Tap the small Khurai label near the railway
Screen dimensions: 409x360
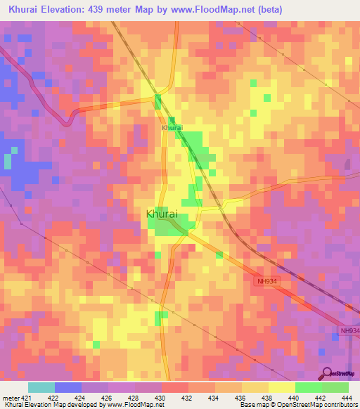172,128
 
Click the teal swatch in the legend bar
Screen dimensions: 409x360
41,387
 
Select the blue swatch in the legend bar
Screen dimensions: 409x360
68,387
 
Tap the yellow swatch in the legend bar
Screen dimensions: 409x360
282,387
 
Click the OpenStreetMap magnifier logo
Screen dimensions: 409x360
326,372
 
